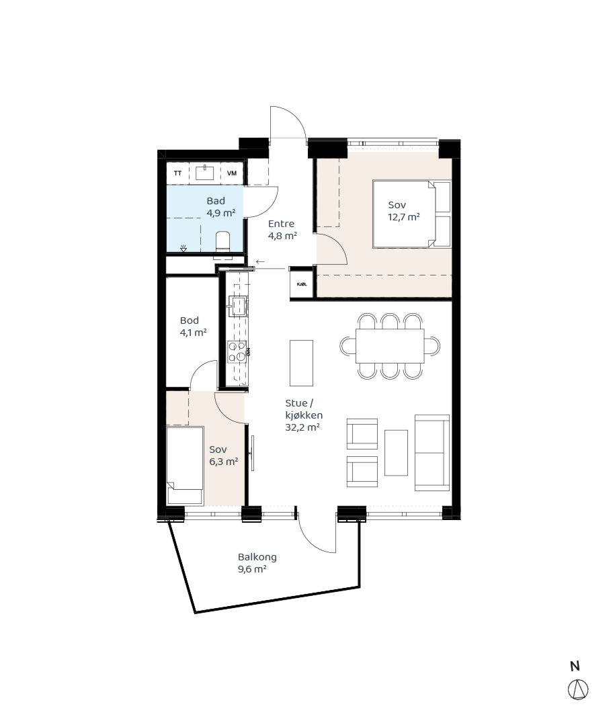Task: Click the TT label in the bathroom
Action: (x=177, y=173)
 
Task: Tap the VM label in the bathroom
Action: (x=232, y=173)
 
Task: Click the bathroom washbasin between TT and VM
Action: (x=204, y=173)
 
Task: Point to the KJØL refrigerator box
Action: (x=301, y=284)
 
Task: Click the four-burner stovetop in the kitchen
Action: (x=237, y=351)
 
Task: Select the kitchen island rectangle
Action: (x=302, y=363)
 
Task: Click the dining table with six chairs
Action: (x=390, y=346)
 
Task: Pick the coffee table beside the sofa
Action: (x=396, y=452)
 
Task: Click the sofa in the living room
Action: (x=432, y=452)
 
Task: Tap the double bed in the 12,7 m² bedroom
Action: (x=412, y=214)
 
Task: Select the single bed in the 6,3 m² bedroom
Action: (x=185, y=466)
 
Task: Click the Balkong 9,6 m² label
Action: (x=257, y=563)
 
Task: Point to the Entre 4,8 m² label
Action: (x=282, y=230)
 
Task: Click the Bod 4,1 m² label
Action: (x=193, y=327)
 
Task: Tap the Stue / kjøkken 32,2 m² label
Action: (x=304, y=415)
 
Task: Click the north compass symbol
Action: (x=578, y=689)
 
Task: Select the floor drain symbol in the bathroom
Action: (x=183, y=248)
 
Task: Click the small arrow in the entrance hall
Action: (x=259, y=262)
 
